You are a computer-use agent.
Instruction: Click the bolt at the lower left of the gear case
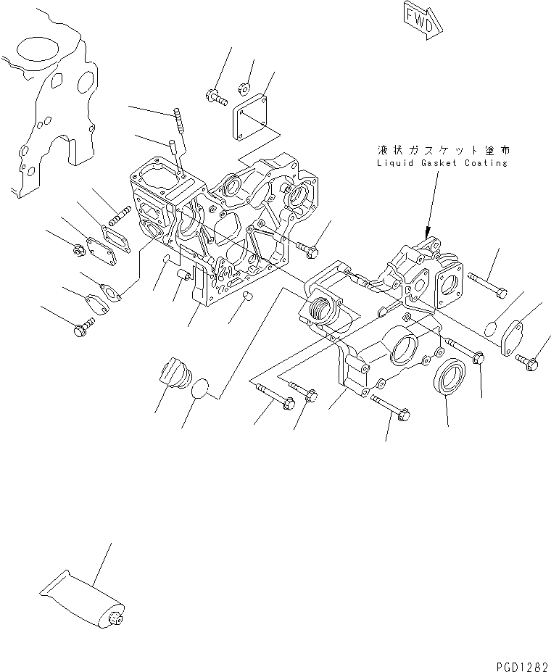(81, 330)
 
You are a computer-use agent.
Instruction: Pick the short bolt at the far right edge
(527, 361)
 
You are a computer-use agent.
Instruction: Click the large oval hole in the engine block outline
(33, 51)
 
